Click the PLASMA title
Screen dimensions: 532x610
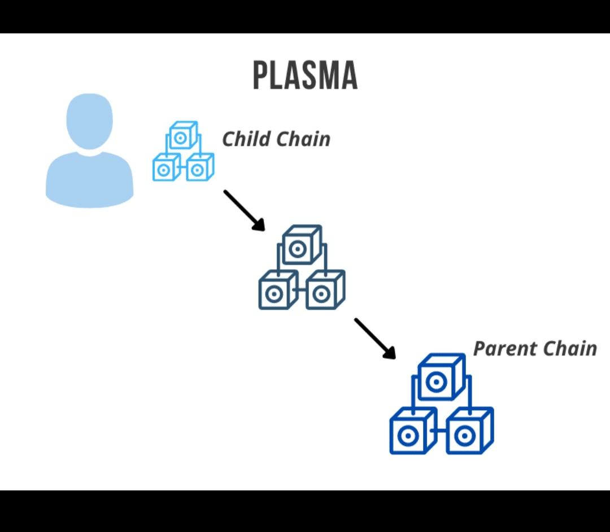click(x=305, y=76)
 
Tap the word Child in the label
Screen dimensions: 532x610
click(x=246, y=139)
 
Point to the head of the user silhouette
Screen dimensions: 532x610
click(x=89, y=121)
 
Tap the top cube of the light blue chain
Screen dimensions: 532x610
click(x=182, y=136)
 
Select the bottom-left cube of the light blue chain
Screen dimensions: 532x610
click(x=165, y=169)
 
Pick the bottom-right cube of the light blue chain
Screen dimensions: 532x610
click(x=199, y=169)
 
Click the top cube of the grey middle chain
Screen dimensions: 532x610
click(x=300, y=246)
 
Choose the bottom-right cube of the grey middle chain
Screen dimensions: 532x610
click(x=324, y=292)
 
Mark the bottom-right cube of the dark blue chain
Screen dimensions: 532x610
click(x=467, y=434)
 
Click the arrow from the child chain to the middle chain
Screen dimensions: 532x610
click(x=244, y=210)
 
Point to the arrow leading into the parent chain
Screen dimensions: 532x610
click(x=374, y=338)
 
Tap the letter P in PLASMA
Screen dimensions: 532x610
click(x=261, y=76)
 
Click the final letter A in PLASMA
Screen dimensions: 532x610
click(x=349, y=76)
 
